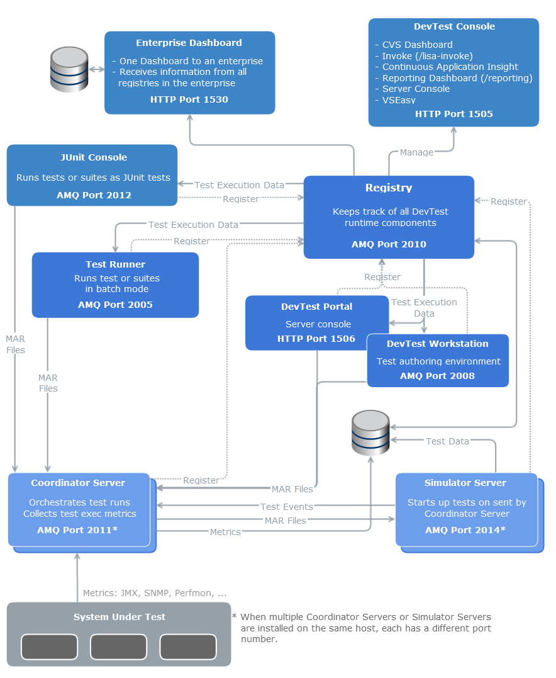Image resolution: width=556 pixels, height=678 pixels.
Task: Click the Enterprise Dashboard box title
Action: point(189,43)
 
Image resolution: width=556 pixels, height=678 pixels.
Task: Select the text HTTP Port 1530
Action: point(189,99)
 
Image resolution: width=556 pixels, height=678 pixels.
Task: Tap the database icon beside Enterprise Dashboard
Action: point(69,69)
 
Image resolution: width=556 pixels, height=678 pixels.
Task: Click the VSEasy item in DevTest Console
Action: point(399,100)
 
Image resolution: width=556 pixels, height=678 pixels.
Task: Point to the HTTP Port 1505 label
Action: point(453,114)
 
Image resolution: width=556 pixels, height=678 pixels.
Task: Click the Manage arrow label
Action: point(416,152)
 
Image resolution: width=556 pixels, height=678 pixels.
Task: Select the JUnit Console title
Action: point(93,157)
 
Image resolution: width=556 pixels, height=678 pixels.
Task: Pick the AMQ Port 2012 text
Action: point(94,195)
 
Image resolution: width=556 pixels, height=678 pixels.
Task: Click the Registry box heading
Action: point(389,188)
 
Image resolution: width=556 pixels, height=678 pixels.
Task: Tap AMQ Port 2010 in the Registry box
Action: point(389,244)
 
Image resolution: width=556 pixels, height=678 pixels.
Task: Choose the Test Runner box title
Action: point(115,264)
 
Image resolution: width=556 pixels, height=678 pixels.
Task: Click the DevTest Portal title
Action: point(316,307)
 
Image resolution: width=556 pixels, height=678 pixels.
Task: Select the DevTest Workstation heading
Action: point(438,344)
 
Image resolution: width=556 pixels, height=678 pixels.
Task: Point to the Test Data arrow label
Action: point(447,441)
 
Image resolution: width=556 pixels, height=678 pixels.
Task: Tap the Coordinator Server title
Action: point(78,483)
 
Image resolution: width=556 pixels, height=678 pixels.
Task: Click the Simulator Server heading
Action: point(465,483)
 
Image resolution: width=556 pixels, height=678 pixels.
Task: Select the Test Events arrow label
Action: point(287,507)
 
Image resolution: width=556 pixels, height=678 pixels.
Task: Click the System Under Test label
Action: point(119,617)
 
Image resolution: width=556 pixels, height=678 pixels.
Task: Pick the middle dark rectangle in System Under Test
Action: point(118,647)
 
